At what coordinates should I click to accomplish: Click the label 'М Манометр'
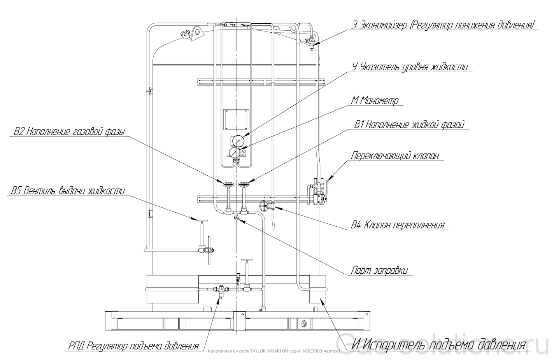tap(375, 101)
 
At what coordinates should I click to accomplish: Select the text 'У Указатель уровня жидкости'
tap(410, 67)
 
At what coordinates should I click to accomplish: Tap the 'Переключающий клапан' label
tap(395, 156)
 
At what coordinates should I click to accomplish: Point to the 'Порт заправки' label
tap(379, 270)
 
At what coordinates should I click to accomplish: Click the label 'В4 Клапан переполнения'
tap(398, 225)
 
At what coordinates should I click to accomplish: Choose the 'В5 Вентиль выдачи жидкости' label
tap(68, 191)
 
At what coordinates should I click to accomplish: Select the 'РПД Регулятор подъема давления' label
tap(133, 346)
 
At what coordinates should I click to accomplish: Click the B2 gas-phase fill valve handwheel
tap(228, 184)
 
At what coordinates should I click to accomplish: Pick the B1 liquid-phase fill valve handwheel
tap(244, 184)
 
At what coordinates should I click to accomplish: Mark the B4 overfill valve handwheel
tap(264, 206)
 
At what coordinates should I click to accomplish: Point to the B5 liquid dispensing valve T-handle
tap(202, 221)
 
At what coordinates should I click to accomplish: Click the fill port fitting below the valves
tap(236, 218)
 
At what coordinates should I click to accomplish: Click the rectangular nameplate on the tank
tap(236, 120)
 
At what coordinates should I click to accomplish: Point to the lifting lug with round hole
tap(197, 33)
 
